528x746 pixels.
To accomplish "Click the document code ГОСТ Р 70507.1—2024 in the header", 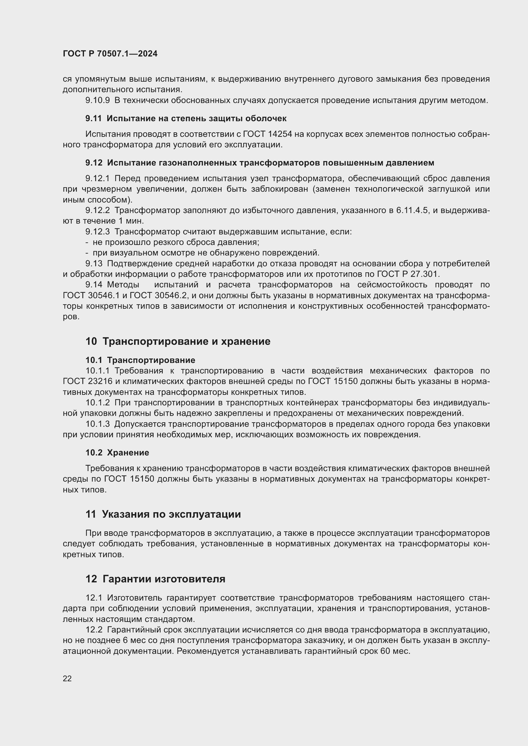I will click(110, 54).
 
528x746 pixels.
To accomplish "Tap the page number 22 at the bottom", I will click(67, 678).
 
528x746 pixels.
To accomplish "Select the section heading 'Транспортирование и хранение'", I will click(186, 342).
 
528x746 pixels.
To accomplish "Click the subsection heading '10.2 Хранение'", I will click(117, 453).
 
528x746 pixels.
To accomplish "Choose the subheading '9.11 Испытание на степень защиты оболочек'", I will click(186, 119).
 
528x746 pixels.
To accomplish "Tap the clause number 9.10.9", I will click(98, 100).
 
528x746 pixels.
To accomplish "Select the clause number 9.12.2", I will click(98, 211).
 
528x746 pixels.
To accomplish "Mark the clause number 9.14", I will click(94, 285).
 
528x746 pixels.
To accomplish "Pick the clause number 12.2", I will click(94, 630).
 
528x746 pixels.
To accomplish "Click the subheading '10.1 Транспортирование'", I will click(140, 360).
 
